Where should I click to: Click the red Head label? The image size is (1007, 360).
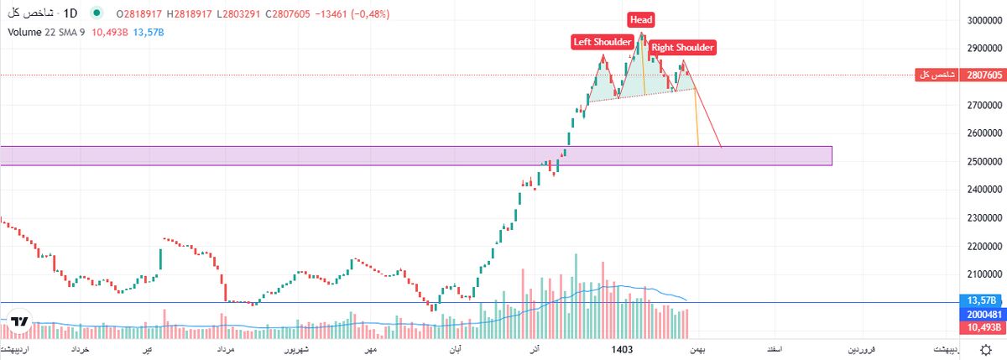point(642,19)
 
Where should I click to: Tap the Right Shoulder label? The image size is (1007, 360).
point(682,48)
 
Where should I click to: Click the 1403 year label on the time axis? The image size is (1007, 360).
point(621,347)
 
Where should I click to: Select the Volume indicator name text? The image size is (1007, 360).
point(26,32)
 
